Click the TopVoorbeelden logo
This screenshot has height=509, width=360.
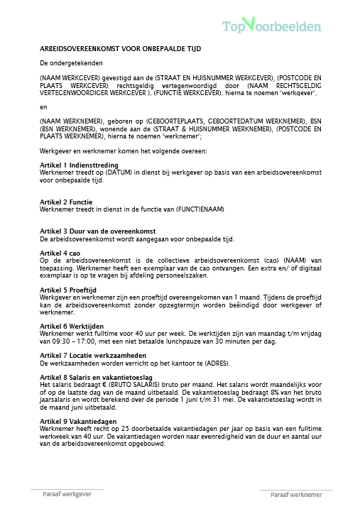(272, 26)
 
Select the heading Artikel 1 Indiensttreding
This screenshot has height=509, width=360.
(79, 164)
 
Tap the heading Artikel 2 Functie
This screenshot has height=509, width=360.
(67, 202)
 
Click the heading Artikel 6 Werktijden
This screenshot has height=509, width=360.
(74, 324)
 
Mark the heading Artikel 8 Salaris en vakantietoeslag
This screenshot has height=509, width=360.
(101, 376)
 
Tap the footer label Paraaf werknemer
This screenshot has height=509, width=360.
(296, 494)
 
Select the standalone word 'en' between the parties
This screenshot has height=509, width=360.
(43, 106)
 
